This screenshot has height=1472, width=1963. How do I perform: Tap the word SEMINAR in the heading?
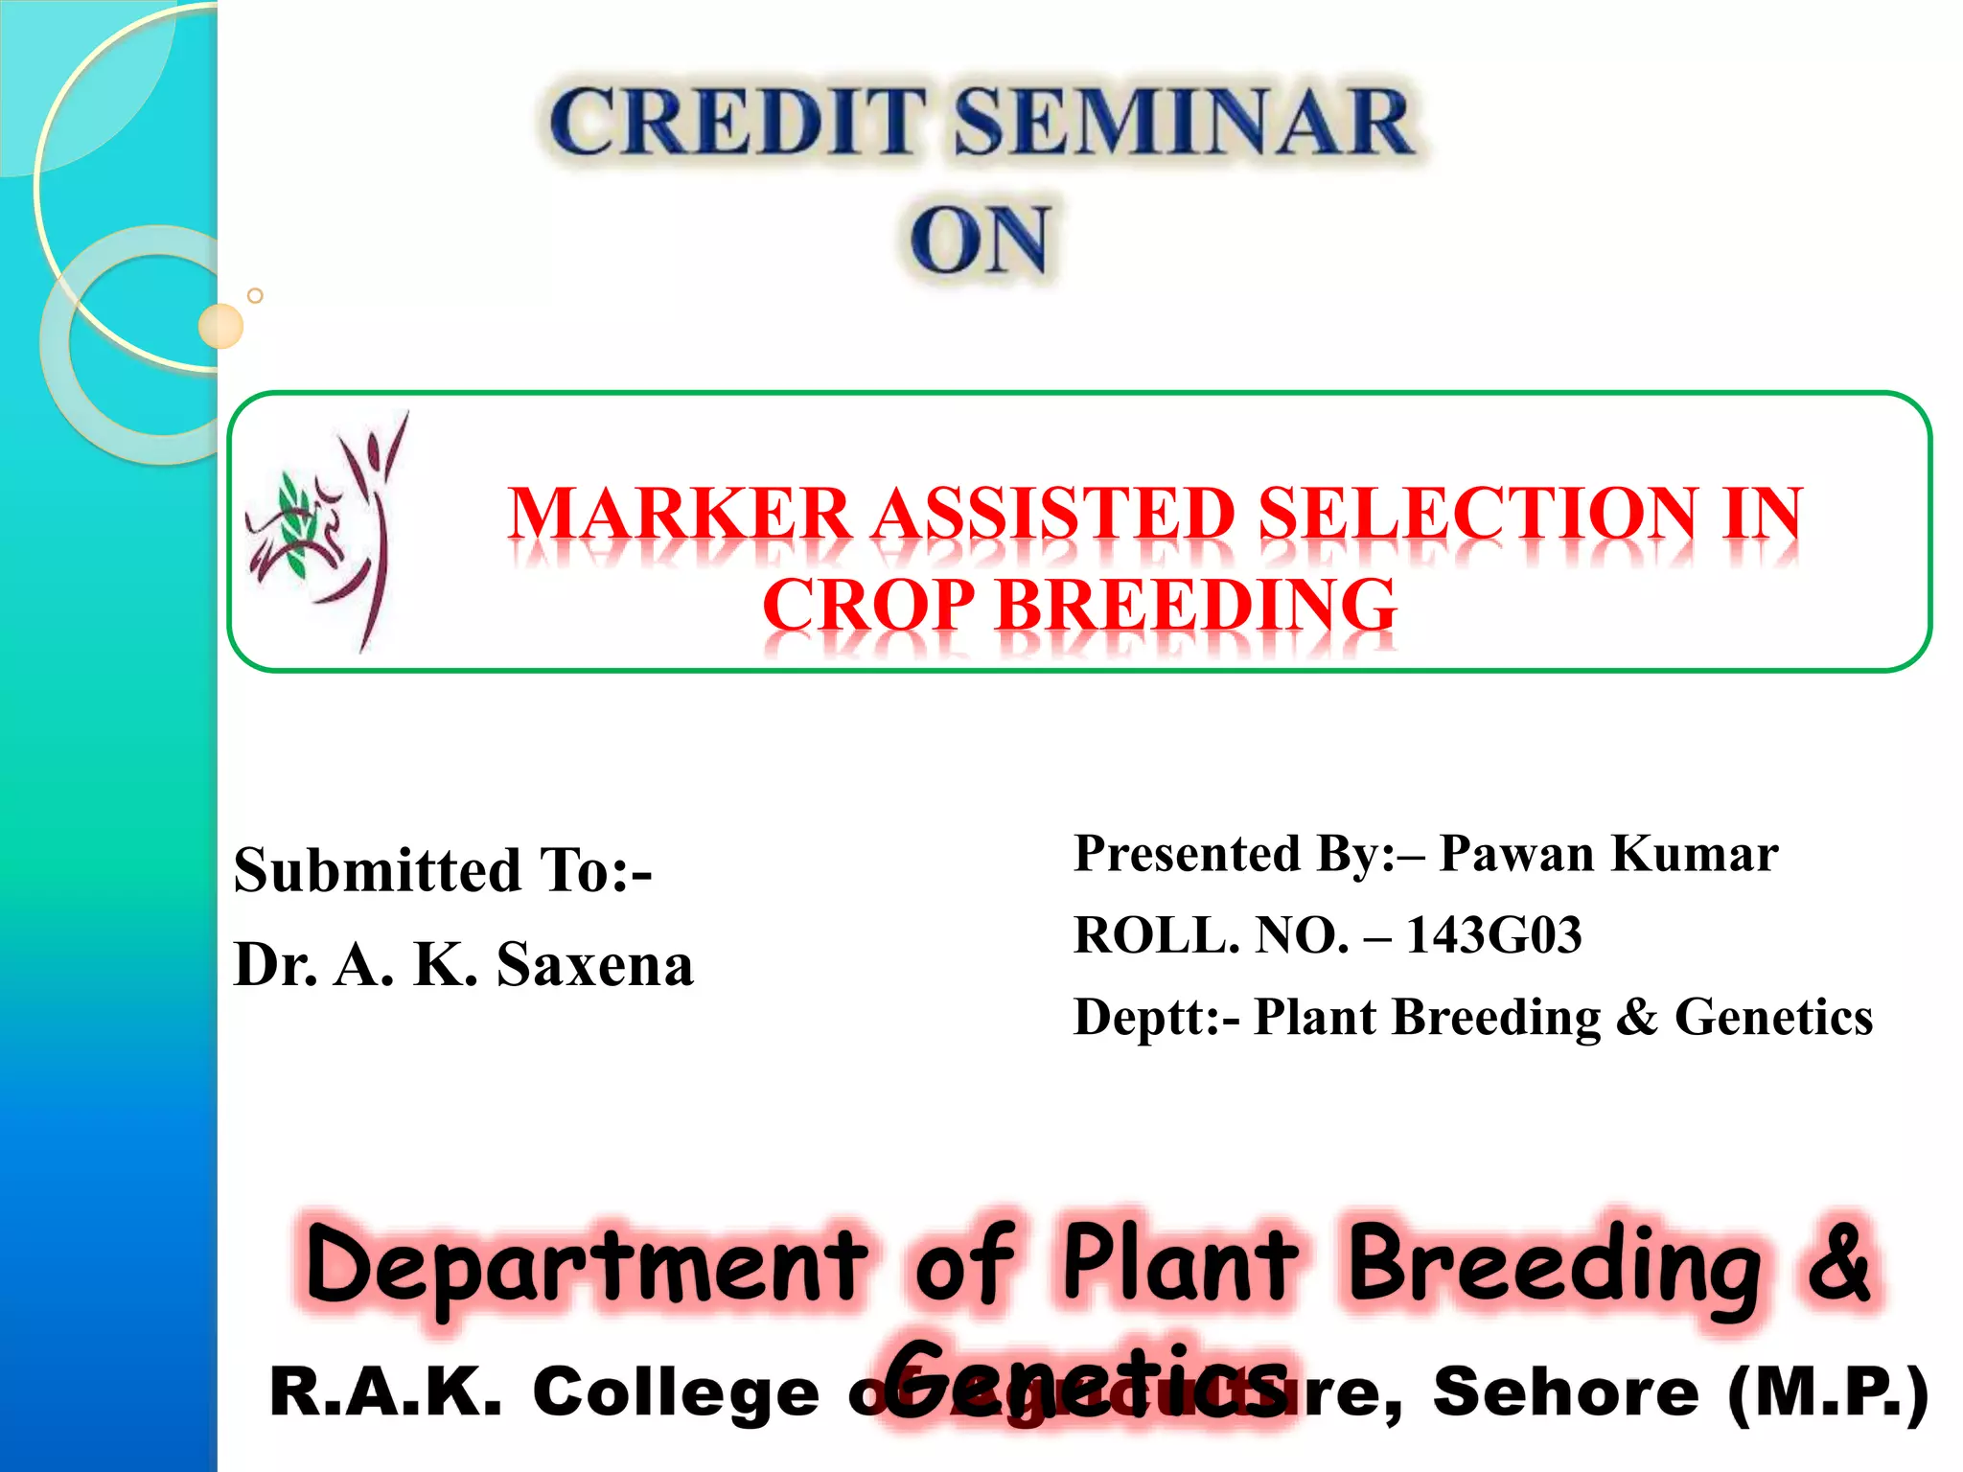[1183, 123]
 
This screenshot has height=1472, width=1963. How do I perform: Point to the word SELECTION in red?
[1476, 515]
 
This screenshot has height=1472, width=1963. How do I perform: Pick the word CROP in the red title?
[867, 606]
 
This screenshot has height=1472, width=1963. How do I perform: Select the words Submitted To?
[442, 870]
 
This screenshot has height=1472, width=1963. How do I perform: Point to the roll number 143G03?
[1493, 935]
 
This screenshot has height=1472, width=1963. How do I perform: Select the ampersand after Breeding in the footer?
[1836, 1263]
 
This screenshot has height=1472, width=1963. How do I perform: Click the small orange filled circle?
[220, 326]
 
